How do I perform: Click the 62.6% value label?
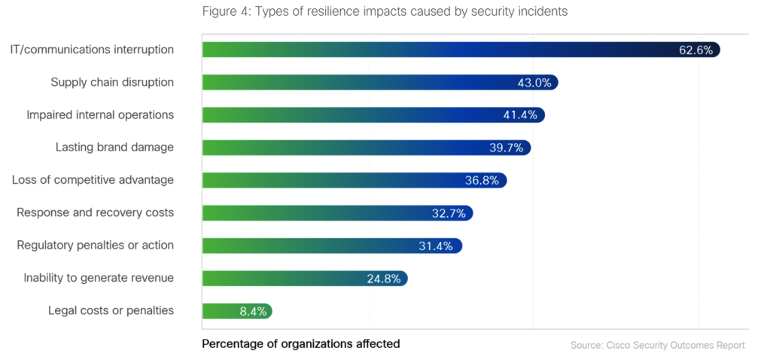tap(696, 50)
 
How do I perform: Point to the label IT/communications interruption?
tap(92, 50)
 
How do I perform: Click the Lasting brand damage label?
tap(114, 147)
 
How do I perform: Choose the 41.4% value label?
tap(519, 115)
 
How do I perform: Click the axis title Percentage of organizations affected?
tap(301, 343)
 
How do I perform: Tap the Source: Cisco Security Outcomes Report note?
tap(658, 345)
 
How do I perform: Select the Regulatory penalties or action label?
tap(95, 245)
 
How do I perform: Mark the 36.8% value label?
tap(482, 180)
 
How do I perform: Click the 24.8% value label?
tap(382, 279)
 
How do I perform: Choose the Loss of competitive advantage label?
tap(93, 179)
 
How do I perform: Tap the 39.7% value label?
tap(506, 148)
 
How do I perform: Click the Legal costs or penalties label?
tap(111, 310)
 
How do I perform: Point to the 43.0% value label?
tap(534, 83)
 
